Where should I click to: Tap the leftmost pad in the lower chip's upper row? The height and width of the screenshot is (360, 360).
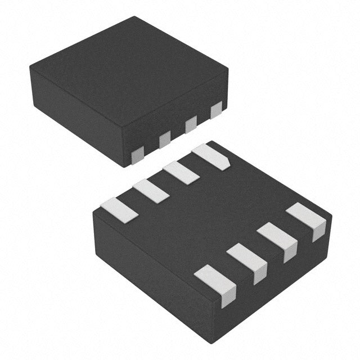coord(119,210)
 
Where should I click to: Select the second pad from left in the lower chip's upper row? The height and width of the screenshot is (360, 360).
coord(151,191)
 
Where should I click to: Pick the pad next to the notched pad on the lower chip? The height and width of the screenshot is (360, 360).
coord(181,173)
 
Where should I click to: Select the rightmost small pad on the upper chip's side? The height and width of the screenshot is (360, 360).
coord(216,110)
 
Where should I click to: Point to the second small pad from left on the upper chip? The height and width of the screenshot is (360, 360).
coord(165,138)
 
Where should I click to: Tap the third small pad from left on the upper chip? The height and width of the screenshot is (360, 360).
coord(191,124)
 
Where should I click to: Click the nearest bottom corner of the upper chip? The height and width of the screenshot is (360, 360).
coord(125,166)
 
